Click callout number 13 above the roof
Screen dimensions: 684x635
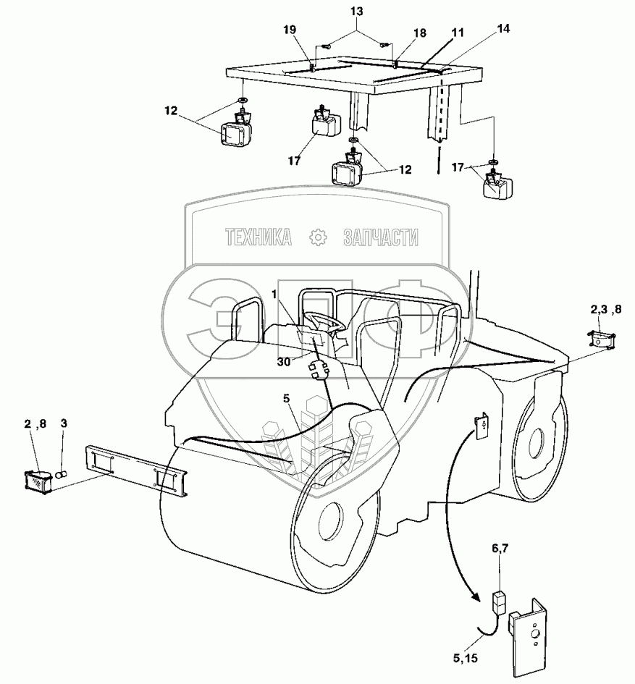[x=357, y=12]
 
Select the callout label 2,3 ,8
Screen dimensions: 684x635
[x=605, y=310]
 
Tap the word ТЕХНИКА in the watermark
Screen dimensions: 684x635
[x=258, y=237]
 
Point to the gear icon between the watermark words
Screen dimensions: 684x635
[x=316, y=237]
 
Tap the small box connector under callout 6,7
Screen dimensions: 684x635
[x=499, y=600]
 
